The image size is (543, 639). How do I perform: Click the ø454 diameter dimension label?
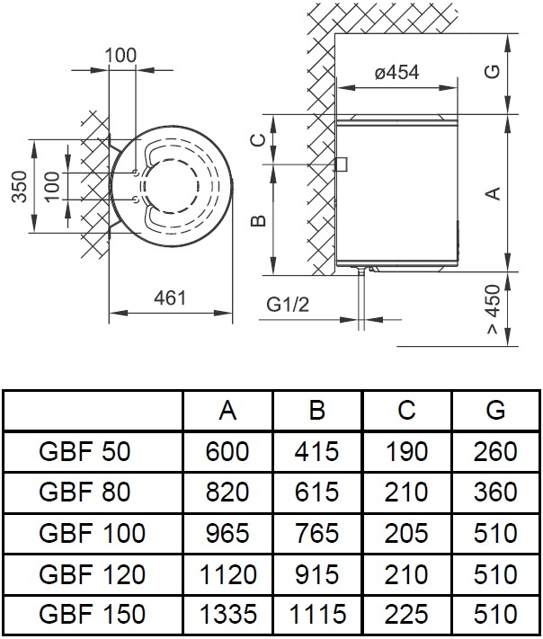pos(396,73)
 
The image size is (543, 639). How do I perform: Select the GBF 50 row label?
pos(85,451)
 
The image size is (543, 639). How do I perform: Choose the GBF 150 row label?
pos(93,615)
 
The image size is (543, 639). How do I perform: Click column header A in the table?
pos(227,411)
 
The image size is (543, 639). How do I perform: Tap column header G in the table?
pos(495,411)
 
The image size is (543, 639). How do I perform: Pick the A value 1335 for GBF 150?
pos(227,615)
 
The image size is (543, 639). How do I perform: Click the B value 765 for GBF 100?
pos(316,533)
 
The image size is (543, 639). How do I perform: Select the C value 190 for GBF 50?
pos(406,451)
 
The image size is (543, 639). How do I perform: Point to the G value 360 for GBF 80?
pos(495,493)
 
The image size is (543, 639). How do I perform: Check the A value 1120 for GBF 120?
pos(227,574)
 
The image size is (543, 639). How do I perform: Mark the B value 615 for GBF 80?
pos(316,493)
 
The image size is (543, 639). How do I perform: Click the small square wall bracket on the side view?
pos(341,164)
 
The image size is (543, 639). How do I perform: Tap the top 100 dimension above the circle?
pos(120,55)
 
